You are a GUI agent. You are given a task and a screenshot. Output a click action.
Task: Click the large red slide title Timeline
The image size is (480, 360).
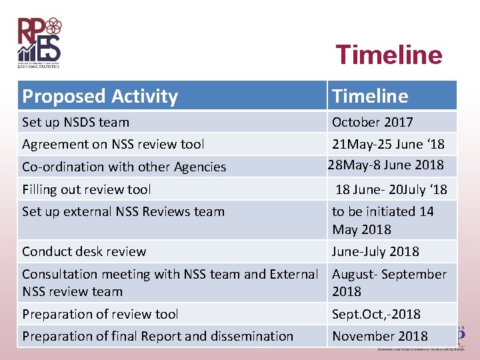[389, 55]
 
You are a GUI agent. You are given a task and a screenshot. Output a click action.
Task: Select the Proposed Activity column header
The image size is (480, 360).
[100, 96]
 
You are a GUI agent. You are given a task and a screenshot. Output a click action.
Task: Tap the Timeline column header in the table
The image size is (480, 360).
[370, 96]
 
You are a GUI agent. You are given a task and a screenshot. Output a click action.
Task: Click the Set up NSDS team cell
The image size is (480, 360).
[75, 122]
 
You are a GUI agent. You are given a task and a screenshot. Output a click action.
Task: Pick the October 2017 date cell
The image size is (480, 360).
[372, 122]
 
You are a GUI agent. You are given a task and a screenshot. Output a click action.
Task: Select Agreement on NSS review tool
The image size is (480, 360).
[113, 144]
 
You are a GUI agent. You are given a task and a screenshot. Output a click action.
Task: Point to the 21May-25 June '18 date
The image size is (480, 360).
[388, 144]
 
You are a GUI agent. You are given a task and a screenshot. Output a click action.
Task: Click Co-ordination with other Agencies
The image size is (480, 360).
[124, 167]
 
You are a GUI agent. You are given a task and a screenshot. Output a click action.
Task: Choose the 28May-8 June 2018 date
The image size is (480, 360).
[385, 165]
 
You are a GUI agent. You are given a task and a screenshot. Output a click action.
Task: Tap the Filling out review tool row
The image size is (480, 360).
[87, 189]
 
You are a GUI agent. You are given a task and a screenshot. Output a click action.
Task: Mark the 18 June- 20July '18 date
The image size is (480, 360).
[391, 189]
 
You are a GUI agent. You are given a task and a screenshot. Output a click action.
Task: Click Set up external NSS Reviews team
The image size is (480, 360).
[123, 211]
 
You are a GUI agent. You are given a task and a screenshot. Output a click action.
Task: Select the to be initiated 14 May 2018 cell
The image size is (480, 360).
[383, 220]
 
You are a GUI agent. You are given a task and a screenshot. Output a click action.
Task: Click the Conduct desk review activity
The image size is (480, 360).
[84, 251]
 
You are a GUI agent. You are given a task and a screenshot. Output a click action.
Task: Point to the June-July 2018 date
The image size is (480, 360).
[375, 251]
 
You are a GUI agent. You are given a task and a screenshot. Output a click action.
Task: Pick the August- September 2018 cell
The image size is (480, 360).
[389, 283]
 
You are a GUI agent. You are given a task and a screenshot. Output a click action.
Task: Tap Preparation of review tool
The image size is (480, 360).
[100, 313]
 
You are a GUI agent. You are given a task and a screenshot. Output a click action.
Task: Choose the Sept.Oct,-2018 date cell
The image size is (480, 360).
[376, 313]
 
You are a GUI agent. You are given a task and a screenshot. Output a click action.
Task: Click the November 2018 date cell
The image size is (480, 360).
[380, 336]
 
